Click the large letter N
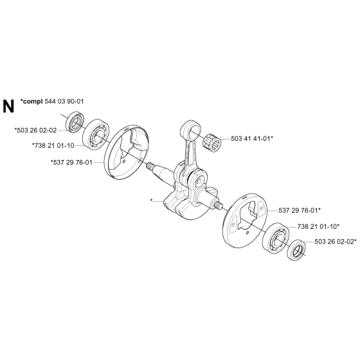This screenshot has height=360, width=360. click(x=8, y=106)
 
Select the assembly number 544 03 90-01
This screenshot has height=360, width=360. click(x=64, y=102)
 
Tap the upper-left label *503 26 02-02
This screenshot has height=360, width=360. click(x=35, y=130)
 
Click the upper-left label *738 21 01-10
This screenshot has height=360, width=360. click(x=53, y=145)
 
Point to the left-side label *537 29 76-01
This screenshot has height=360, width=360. click(x=71, y=162)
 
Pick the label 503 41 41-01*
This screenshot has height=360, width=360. click(x=252, y=138)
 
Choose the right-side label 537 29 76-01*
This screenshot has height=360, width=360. click(x=300, y=210)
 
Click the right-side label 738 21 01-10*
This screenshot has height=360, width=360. click(x=318, y=226)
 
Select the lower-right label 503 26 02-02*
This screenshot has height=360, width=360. click(x=336, y=242)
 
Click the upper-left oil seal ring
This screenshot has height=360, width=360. click(x=75, y=122)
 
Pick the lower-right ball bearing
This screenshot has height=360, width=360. click(x=276, y=238)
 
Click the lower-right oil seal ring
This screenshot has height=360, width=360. click(x=296, y=250)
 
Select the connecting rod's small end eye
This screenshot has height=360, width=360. click(x=191, y=129)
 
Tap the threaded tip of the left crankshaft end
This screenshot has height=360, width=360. click(x=150, y=165)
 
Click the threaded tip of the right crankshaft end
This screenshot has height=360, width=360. click(x=218, y=204)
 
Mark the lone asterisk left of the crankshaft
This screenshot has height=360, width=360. click(x=151, y=201)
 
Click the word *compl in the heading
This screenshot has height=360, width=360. click(x=32, y=102)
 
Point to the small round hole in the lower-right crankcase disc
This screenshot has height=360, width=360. click(x=248, y=233)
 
